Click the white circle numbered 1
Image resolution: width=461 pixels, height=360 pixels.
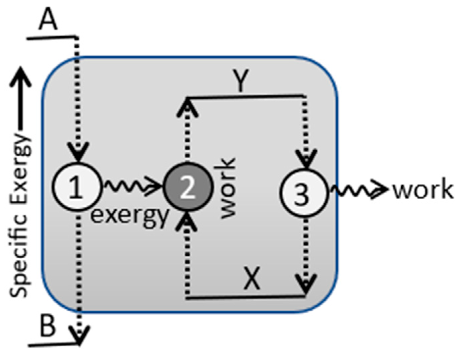pos(76,186)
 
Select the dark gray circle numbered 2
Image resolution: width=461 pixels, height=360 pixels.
pos(188,187)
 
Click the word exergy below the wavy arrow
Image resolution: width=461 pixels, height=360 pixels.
pos(129,215)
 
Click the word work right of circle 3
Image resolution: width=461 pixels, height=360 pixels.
pos(423,190)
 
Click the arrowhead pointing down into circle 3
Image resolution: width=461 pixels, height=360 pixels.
pos(305,158)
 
